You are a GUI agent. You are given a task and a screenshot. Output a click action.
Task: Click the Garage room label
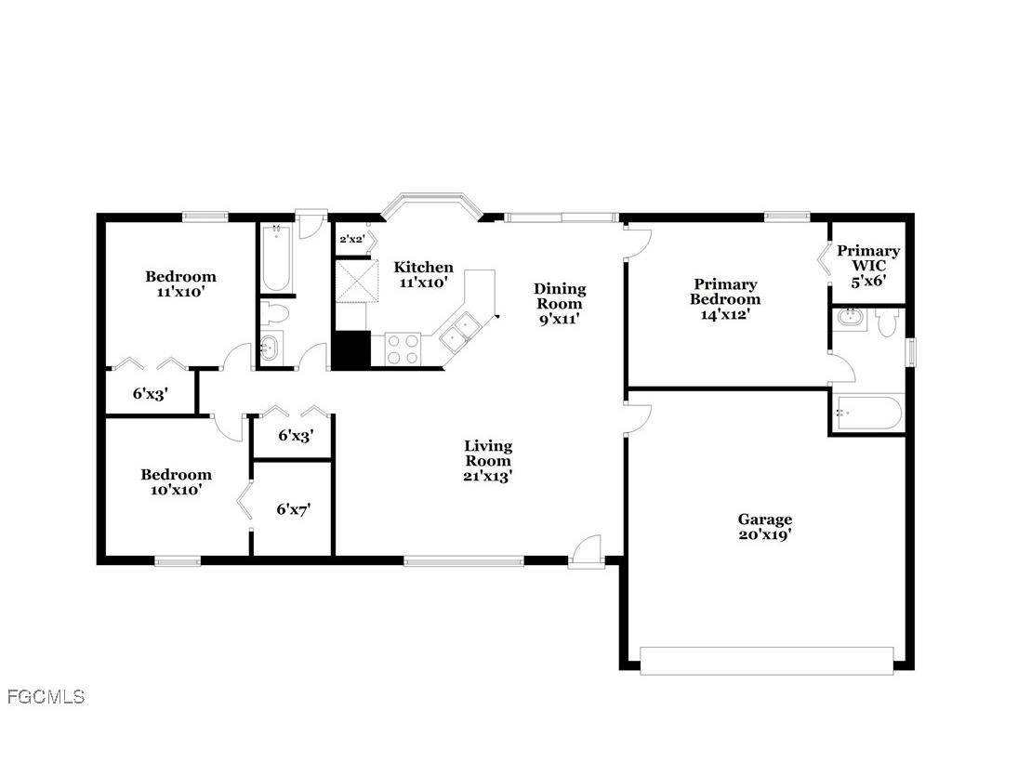[765, 527]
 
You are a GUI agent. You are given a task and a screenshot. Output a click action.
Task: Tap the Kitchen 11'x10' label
[424, 274]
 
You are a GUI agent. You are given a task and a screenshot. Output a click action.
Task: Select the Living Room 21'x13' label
[488, 461]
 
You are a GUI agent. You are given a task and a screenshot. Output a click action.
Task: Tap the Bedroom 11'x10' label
[180, 283]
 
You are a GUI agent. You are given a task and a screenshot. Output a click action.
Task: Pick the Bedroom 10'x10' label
[176, 481]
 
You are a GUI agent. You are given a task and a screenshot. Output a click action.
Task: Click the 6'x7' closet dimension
[294, 509]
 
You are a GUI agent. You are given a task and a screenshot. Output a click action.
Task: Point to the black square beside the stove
[351, 349]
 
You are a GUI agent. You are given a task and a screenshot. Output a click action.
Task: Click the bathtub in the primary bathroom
[868, 414]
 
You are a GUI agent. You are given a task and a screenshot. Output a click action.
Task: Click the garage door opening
[766, 660]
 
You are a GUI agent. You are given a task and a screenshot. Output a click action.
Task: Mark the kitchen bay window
[432, 202]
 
